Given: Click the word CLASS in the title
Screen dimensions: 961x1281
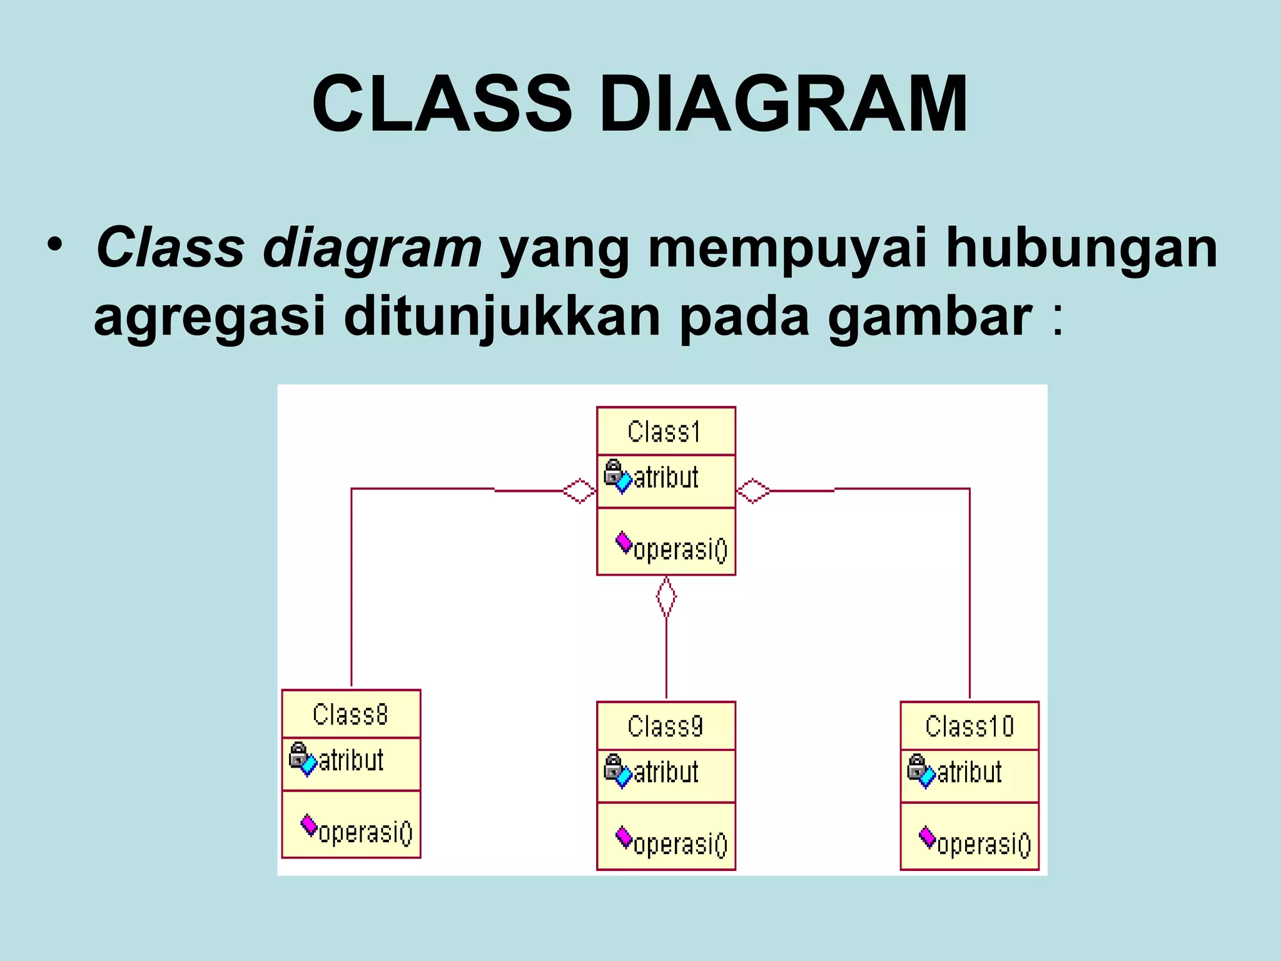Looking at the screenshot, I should click(442, 104).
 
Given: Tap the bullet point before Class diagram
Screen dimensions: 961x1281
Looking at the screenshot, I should click(54, 245).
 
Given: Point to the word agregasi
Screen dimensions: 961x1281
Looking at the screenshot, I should click(210, 317).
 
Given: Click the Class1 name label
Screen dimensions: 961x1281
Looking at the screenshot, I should click(664, 432).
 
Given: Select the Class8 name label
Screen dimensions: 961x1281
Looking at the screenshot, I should click(350, 714).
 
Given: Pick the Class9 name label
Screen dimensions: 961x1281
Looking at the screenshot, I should click(666, 726).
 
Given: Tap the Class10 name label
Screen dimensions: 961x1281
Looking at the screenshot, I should click(970, 726).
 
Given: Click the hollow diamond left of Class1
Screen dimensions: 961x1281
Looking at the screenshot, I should click(579, 491).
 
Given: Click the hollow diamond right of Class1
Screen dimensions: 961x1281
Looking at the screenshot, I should click(753, 491).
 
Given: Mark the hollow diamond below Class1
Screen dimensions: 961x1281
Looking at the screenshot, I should click(666, 597).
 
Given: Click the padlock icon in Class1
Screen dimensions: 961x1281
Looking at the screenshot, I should click(612, 471).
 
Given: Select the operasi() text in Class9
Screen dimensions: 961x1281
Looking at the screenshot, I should click(681, 844).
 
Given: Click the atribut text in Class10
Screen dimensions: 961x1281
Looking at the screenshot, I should click(969, 772).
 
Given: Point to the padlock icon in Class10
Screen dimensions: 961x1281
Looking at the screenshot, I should click(916, 766).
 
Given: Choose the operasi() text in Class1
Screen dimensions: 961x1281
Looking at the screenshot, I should click(681, 550).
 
